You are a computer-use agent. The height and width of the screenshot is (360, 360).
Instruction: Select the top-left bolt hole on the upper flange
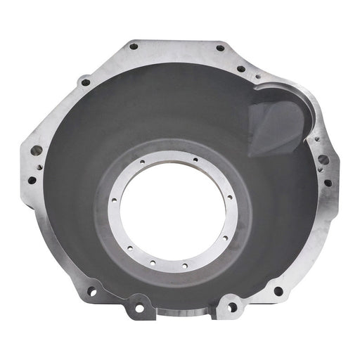coord(134,46)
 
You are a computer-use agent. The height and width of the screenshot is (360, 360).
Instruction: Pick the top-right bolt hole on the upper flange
coord(220,49)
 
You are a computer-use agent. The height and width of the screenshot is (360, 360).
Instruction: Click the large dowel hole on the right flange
coord(323,160)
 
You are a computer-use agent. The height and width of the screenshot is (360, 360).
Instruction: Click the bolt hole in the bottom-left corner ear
coord(91,290)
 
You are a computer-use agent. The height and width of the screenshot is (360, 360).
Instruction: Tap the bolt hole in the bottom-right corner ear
coord(278,290)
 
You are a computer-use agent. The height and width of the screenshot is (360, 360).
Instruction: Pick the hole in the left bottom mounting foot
coord(139,307)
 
